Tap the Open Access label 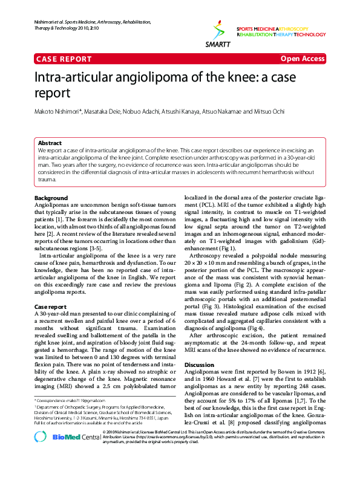pyautogui.click(x=303, y=59)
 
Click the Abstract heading pyautogui.click(x=50, y=143)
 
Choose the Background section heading pyautogui.click(x=51, y=198)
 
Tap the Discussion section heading pyautogui.click(x=199, y=365)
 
